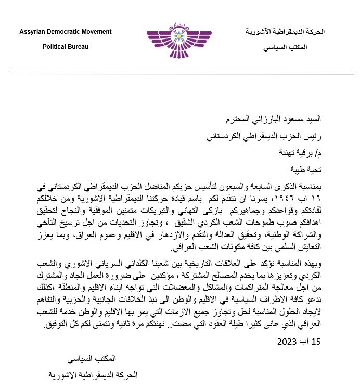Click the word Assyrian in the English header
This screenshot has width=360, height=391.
(33, 32)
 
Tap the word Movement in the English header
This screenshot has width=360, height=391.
(97, 32)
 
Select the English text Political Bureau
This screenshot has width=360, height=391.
(65, 47)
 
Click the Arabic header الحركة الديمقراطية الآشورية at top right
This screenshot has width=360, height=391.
(285, 32)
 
